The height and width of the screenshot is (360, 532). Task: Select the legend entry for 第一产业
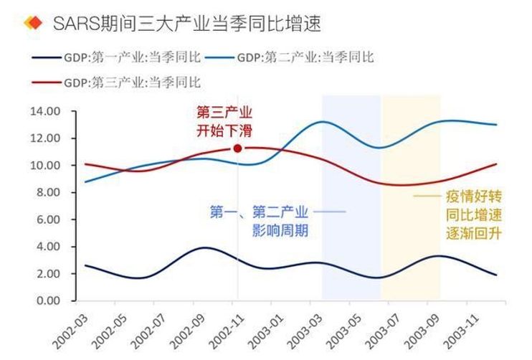click(x=118, y=57)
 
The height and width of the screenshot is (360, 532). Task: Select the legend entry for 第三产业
click(x=118, y=82)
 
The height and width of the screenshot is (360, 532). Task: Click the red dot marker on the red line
click(x=237, y=148)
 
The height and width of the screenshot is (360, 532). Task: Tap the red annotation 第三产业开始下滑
click(x=224, y=122)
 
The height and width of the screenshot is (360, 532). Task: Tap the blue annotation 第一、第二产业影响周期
click(x=260, y=222)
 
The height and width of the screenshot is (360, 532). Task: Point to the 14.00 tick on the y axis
click(x=45, y=111)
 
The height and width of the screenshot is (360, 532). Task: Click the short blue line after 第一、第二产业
click(x=329, y=212)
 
